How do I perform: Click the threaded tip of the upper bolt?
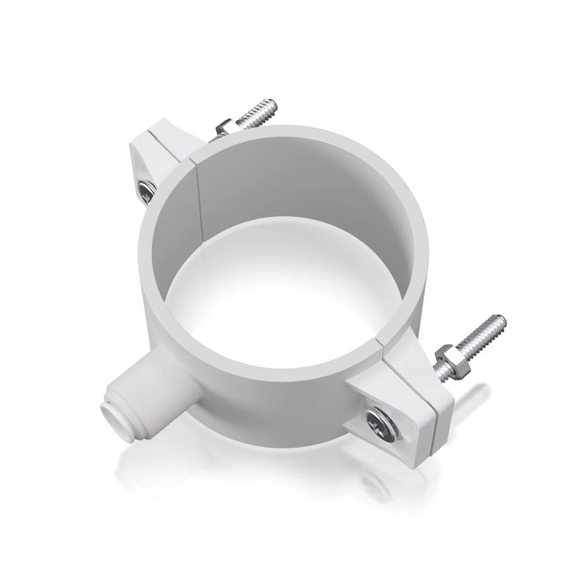click(267, 108)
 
